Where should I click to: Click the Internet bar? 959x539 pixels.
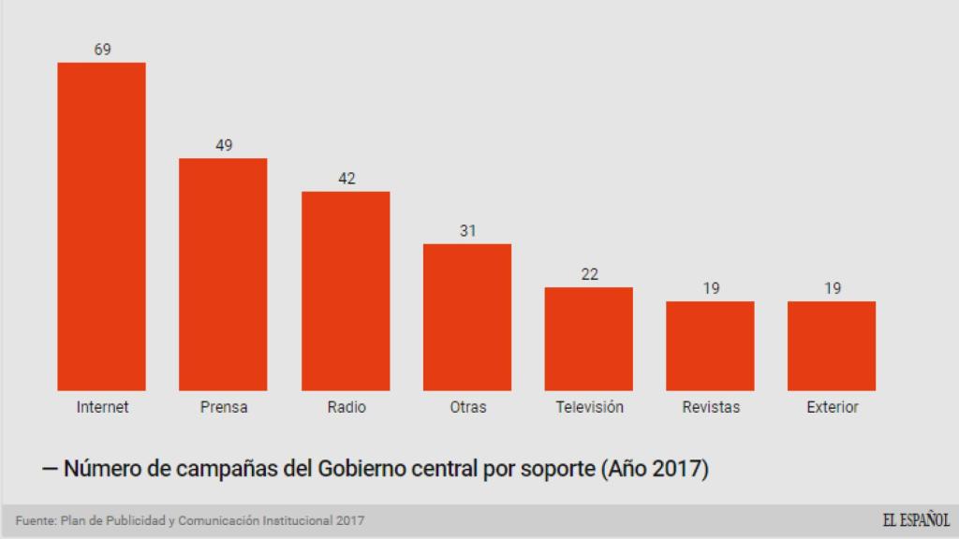tap(101, 226)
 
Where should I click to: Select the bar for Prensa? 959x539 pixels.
tap(223, 274)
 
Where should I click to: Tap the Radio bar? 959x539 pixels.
tap(346, 291)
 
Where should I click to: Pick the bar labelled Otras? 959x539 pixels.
tap(467, 317)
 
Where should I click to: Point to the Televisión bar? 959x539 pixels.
tap(589, 339)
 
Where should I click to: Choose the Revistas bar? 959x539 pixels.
tap(710, 345)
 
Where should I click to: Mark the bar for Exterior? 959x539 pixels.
tap(832, 345)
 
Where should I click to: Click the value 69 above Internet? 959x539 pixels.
tap(102, 50)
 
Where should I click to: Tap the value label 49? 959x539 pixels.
tap(224, 145)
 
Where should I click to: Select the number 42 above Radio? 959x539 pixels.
tap(347, 179)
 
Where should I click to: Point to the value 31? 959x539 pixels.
tap(468, 231)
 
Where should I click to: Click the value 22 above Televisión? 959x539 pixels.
tap(589, 274)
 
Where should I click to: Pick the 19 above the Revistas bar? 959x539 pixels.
tap(711, 288)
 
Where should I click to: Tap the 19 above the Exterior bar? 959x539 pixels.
tap(833, 288)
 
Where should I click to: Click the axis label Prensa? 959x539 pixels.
tap(224, 407)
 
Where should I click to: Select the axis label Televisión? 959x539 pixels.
tap(589, 407)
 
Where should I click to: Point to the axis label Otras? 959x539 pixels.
tap(467, 407)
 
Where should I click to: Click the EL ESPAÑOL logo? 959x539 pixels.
tap(915, 520)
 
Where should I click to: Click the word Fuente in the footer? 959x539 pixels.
tap(35, 520)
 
